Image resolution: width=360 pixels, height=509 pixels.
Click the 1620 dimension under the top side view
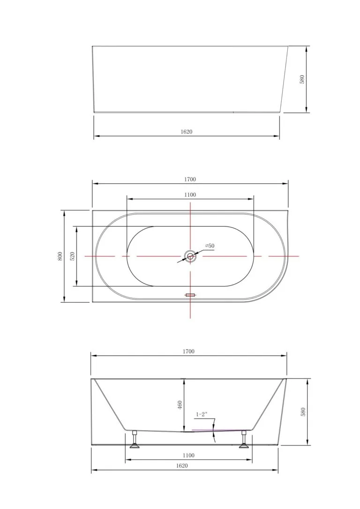pos(187,132)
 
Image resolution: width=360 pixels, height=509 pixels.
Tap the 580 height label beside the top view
pos(302,80)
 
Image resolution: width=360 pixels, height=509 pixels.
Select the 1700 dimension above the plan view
pos(190,179)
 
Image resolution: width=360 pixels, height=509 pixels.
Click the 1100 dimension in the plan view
pos(190,195)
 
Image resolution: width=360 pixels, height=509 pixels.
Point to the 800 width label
pos(60,256)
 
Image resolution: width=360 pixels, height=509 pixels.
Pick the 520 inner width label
pos(72,256)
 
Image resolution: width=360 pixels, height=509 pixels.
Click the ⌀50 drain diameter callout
pos(210,246)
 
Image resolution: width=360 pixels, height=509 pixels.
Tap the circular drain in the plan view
pos(190,256)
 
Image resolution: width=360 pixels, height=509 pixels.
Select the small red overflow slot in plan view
pos(190,295)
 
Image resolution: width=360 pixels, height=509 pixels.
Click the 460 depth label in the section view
pos(180,405)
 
